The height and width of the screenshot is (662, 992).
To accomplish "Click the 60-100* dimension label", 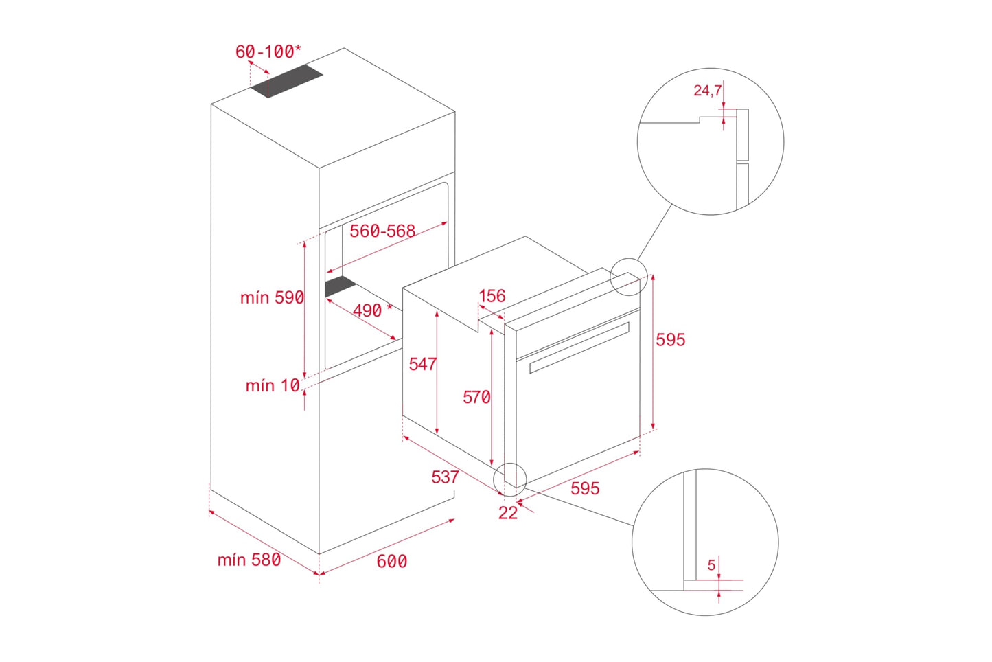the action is coord(268,52).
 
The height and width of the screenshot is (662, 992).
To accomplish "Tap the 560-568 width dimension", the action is coord(382,231).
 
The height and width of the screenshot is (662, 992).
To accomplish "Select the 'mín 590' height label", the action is coord(272,297).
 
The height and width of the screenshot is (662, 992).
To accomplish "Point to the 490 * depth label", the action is coord(373,310).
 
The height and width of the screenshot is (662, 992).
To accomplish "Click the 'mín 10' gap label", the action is coord(273,385).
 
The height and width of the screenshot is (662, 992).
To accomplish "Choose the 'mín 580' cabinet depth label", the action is coord(249,560).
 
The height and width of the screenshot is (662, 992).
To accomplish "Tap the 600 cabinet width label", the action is coord(392,562).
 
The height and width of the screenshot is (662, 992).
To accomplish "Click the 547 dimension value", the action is coord(422,364).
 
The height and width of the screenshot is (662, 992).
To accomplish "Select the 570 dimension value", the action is coord(476,397).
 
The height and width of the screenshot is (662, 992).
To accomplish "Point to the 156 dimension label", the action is coord(492,296).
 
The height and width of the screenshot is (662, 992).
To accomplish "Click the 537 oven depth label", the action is coord(445,477).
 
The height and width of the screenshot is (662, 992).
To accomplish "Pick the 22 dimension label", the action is coord(508,513).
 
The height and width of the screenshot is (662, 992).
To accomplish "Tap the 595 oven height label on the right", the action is coord(671,340).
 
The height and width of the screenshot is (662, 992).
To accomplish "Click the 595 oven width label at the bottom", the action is coord(585,488).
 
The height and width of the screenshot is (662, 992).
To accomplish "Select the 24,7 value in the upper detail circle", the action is coord(707,91).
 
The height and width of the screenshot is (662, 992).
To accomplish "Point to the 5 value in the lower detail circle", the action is coord(711,565).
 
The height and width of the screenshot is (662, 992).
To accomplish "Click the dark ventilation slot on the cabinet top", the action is coord(286,82).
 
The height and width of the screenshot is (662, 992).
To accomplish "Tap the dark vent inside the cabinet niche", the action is coord(341,286).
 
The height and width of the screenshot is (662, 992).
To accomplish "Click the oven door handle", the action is coord(579,347).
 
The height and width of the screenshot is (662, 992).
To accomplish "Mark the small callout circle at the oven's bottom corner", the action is coord(509,479).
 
